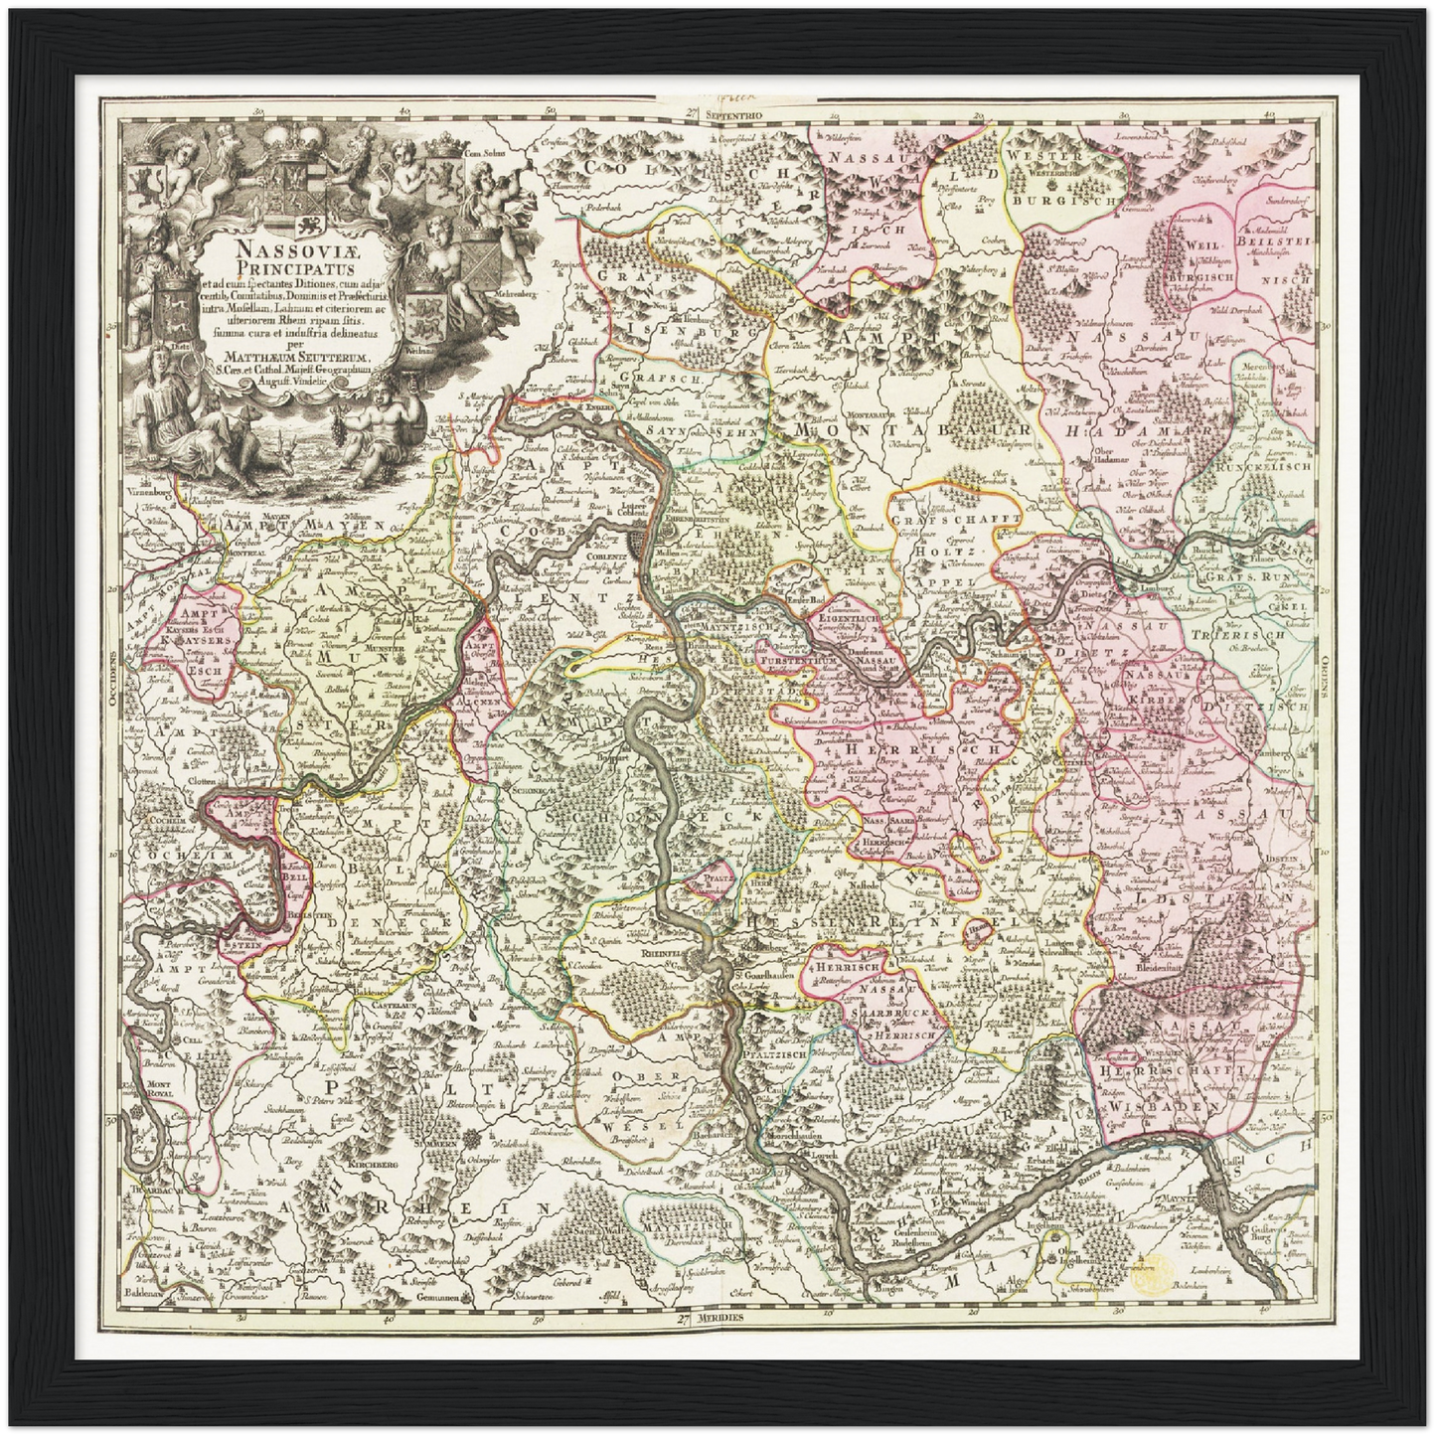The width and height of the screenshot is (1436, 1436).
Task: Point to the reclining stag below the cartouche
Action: click(x=245, y=459)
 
